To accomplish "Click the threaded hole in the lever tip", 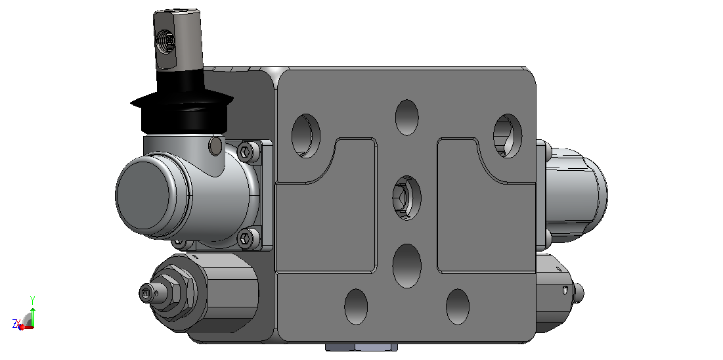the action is (x=166, y=41).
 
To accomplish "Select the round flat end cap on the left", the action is (x=143, y=195).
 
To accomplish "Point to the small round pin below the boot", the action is (x=215, y=146).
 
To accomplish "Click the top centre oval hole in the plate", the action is (x=406, y=117).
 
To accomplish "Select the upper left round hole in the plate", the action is (x=306, y=136).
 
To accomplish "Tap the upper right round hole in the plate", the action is (x=507, y=136).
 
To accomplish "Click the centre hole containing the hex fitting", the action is (x=406, y=198).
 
